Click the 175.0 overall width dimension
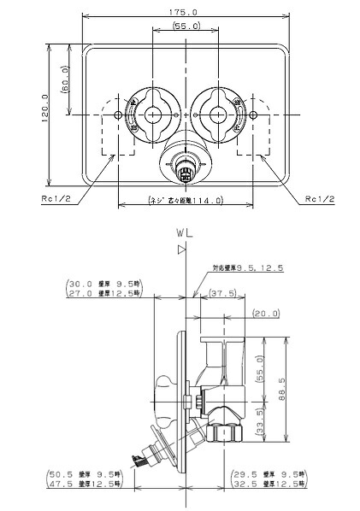click(182, 12)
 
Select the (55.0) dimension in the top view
click(183, 27)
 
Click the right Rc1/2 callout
click(318, 200)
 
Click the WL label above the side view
click(182, 232)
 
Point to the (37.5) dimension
click(224, 293)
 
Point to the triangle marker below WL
click(181, 250)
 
